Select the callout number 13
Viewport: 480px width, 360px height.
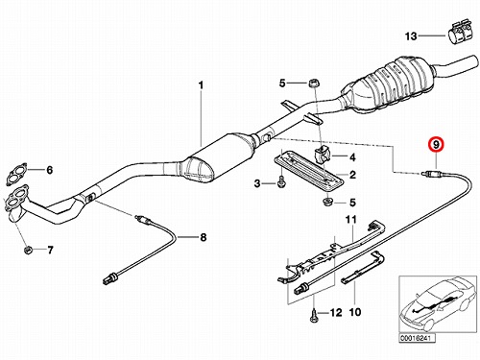pos(411,36)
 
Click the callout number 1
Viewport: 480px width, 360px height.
pos(201,85)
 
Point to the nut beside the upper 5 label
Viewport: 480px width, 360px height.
pos(312,84)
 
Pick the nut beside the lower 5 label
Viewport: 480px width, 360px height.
pos(327,202)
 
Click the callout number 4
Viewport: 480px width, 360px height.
pos(352,157)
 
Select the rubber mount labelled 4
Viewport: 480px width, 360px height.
pos(322,156)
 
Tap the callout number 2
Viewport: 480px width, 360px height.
pos(352,175)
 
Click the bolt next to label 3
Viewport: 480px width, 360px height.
pos(281,182)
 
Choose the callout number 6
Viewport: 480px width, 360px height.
pos(50,170)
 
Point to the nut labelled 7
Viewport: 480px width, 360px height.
pos(28,250)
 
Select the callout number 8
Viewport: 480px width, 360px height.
pos(204,237)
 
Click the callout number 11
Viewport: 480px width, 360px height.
pos(350,220)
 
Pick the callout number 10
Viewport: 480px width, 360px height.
pos(354,312)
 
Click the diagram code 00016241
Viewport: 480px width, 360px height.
pos(417,339)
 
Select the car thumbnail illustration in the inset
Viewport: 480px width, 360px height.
pos(437,304)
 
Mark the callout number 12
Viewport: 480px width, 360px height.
pos(336,312)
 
